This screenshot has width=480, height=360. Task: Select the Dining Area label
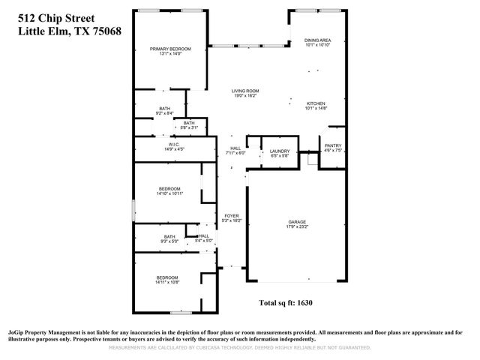(x=318, y=40)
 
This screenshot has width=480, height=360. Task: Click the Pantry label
(x=332, y=145)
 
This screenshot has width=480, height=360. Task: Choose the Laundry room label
(x=280, y=151)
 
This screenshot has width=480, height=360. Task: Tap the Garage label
(x=298, y=222)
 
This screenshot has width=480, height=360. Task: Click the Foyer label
(x=231, y=216)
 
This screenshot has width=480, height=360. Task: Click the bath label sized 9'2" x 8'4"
(x=164, y=109)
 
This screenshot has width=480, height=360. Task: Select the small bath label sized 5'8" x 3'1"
(x=189, y=123)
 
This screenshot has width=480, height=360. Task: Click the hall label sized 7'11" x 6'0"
(x=235, y=148)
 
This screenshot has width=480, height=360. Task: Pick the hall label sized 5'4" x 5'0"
(x=204, y=235)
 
